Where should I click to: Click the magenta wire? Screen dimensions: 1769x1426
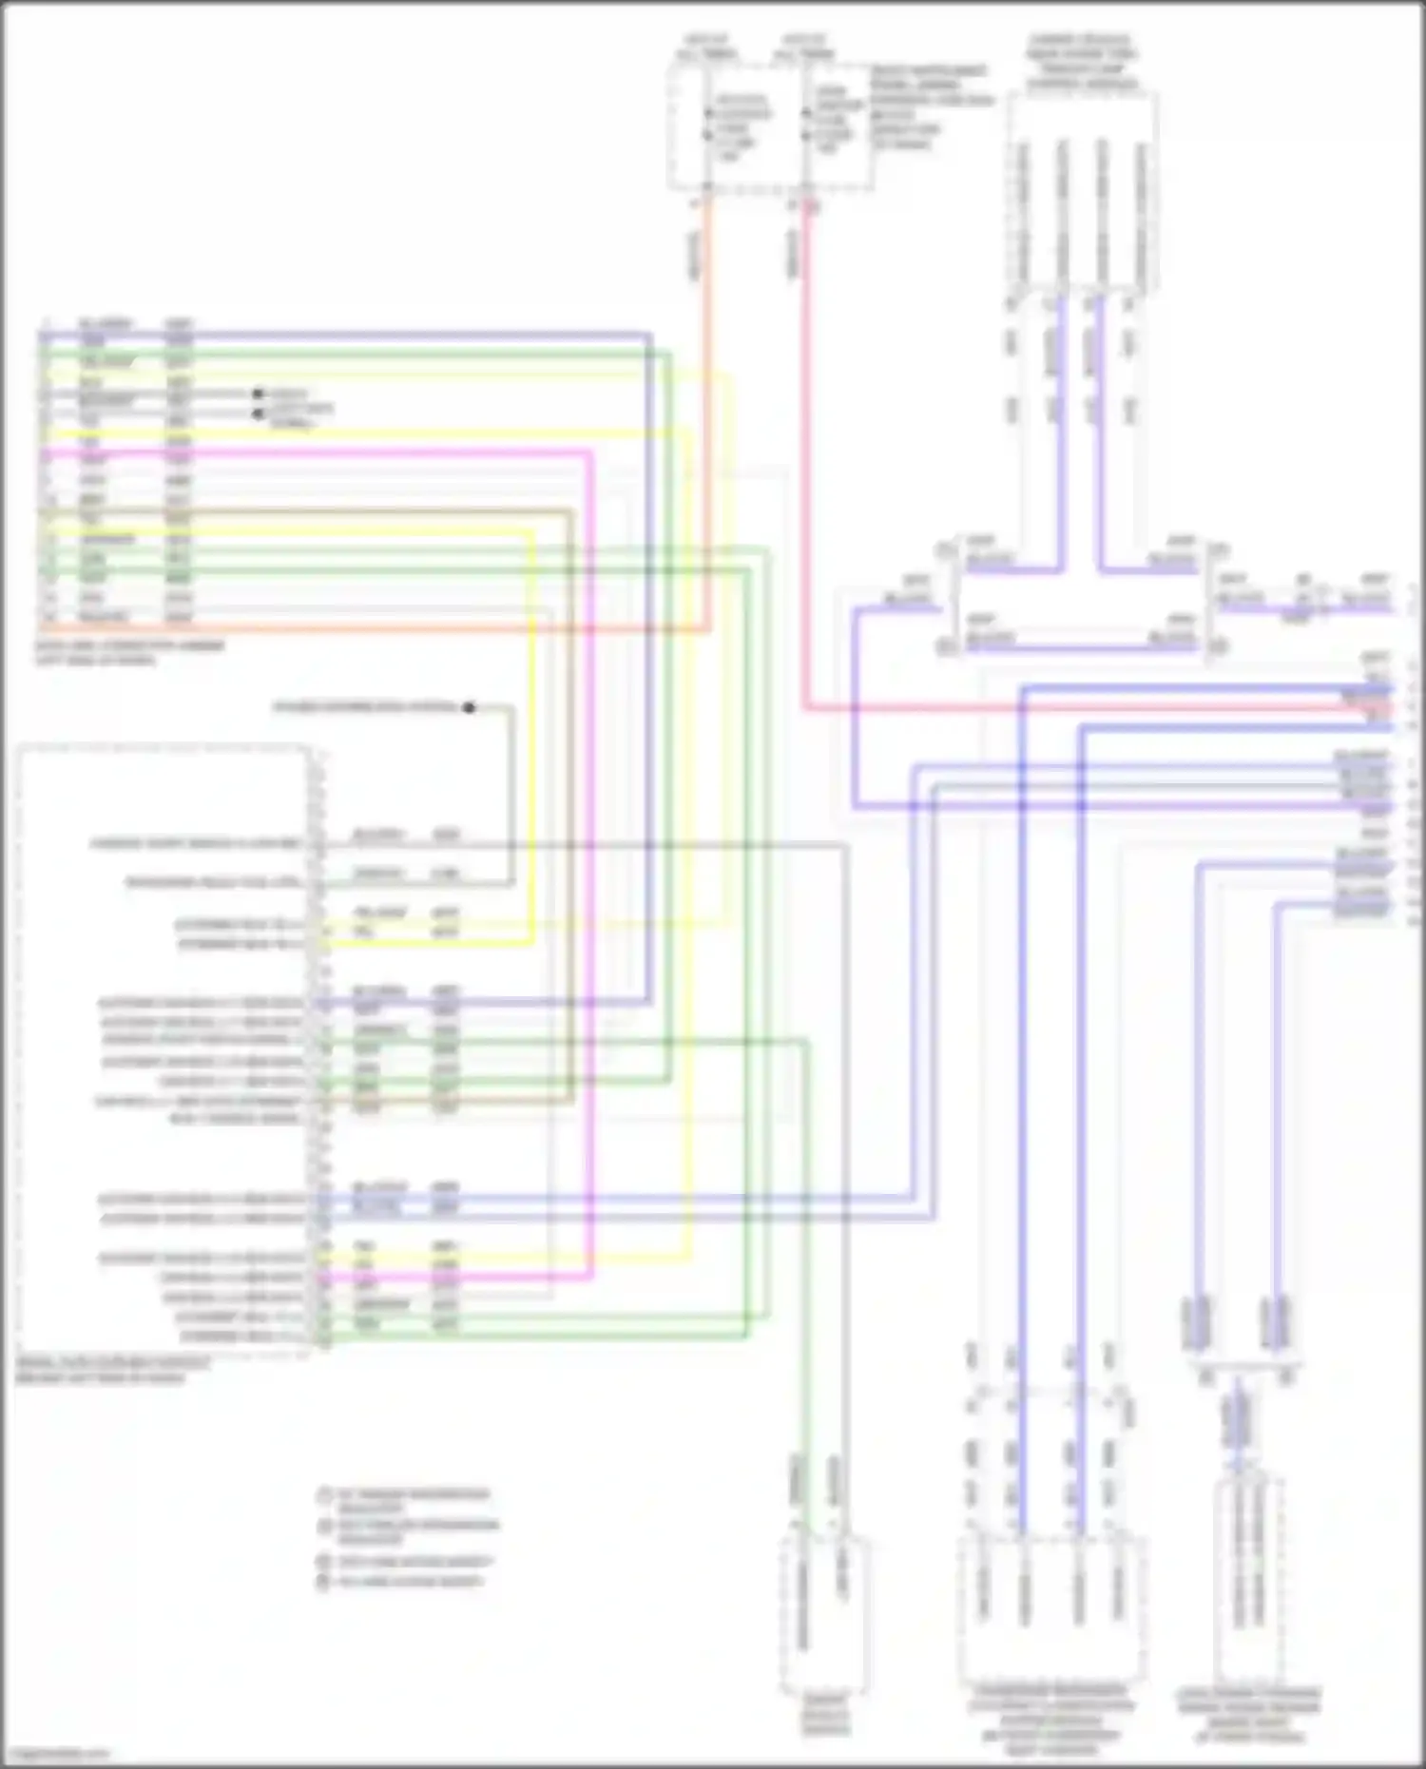pos(589,856)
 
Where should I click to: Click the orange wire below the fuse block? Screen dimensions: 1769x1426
pos(707,428)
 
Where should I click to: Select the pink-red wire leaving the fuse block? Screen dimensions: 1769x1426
pos(806,475)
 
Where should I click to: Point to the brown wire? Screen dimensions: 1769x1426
pos(570,808)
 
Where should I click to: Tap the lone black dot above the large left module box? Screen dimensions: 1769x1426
pos(469,707)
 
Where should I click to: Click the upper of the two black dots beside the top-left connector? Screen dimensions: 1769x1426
pos(257,393)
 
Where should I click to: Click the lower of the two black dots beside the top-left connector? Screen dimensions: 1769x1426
pos(257,413)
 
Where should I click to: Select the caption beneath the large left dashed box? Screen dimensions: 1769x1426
pos(112,1370)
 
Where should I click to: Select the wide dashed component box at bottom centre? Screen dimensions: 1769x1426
pos(1051,1606)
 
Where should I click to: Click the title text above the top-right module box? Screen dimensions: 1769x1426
pos(1081,63)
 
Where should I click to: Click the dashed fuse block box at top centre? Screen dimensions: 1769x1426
pos(770,128)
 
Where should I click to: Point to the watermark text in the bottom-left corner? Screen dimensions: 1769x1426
pos(57,1754)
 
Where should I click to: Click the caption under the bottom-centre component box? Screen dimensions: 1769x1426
pos(1050,1721)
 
